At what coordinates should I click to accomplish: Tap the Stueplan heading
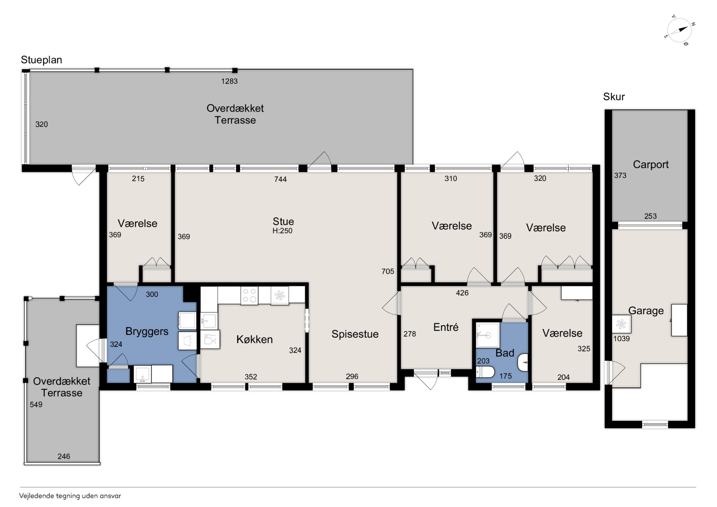coord(42,60)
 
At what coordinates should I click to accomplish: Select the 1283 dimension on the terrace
coord(229,81)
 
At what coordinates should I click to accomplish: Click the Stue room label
coord(283,222)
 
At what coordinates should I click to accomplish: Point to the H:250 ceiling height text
coord(282,231)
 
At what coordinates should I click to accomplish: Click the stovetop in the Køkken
coord(250,295)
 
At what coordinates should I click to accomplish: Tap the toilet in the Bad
coord(485,372)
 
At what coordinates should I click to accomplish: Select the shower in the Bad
coord(488,335)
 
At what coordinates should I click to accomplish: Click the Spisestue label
coord(355,334)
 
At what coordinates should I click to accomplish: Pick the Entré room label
coord(446,327)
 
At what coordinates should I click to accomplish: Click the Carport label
coord(651,165)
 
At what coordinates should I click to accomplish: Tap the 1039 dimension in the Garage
coord(621,339)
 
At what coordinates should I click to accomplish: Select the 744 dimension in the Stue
coord(280,179)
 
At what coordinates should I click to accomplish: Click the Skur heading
coord(614,97)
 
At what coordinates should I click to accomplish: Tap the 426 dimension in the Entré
coord(462,293)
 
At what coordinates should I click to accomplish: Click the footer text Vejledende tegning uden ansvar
coord(70,496)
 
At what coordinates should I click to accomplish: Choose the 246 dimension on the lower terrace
coord(64,457)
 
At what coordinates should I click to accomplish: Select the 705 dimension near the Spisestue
coord(388,271)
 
